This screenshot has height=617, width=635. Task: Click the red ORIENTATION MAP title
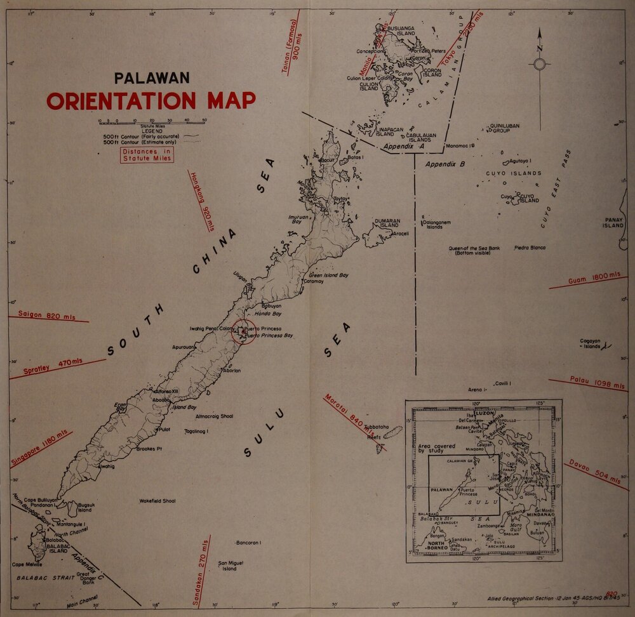[x=150, y=100]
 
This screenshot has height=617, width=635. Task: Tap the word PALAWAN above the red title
[x=152, y=78]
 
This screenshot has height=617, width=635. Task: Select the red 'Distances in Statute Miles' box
[x=146, y=155]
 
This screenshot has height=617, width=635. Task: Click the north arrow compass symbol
[x=540, y=63]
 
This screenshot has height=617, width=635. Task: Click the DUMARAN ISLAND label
[x=387, y=223]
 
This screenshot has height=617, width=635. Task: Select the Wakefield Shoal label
[x=157, y=501]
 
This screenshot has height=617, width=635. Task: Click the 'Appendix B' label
[x=445, y=164]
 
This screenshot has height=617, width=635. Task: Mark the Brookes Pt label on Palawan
[x=150, y=449]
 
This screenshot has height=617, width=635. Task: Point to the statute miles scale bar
[x=152, y=122]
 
